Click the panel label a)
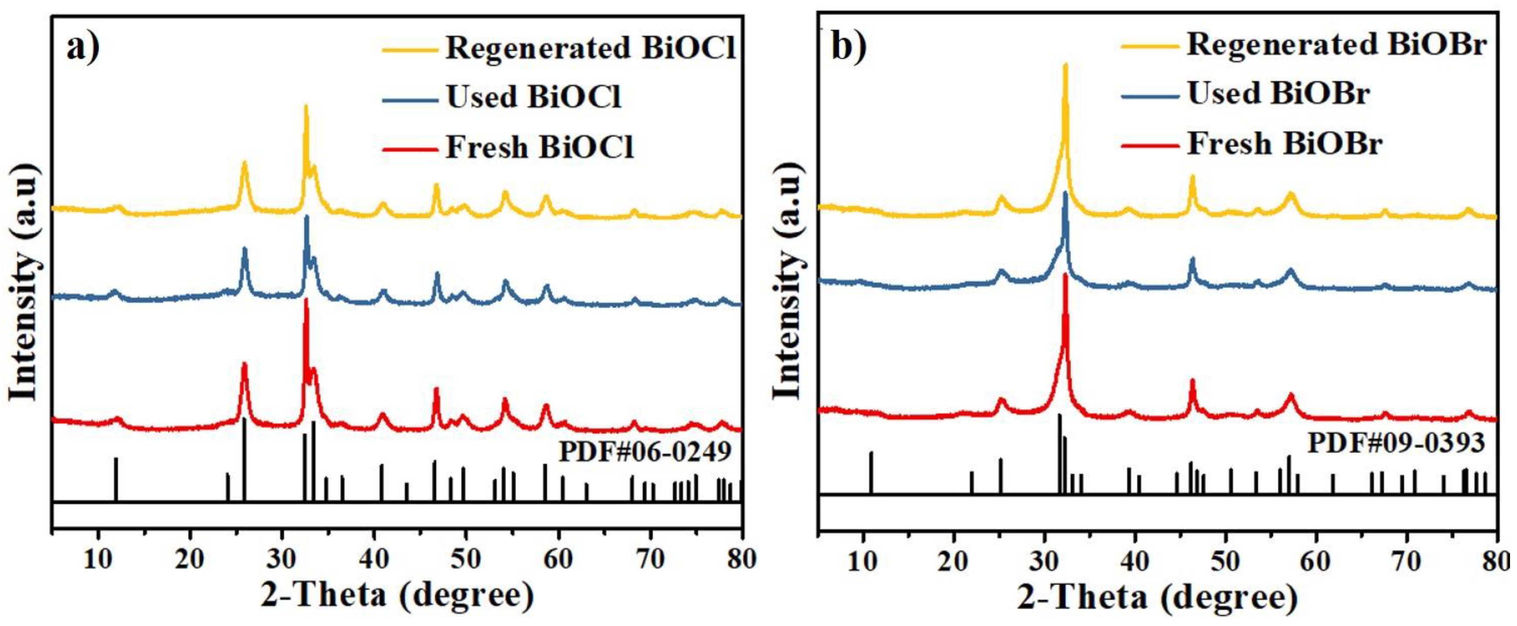coord(82,47)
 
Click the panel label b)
coord(848,47)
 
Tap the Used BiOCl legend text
coord(534,97)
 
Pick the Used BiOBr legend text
coord(1278,93)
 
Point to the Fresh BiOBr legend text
coord(1284,144)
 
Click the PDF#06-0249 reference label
coord(645,452)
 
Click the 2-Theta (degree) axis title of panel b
coord(1157,598)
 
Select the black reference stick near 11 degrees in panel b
coord(871,471)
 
